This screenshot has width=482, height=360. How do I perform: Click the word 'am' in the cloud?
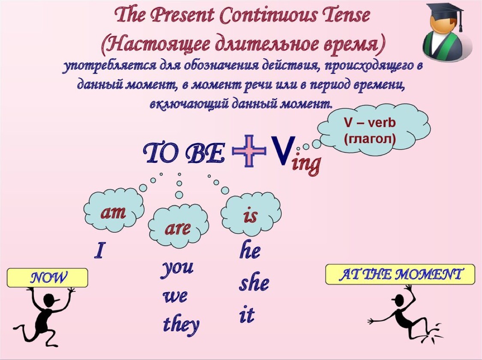pyautogui.click(x=113, y=212)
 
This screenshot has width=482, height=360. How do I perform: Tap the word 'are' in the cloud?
pyautogui.click(x=177, y=228)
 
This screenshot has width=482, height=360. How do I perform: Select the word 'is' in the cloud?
pyautogui.click(x=250, y=215)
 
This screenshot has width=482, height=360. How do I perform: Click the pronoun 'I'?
pyautogui.click(x=99, y=250)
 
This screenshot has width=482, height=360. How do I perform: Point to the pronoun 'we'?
pyautogui.click(x=175, y=297)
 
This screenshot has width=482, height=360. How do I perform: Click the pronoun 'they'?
pyautogui.click(x=181, y=324)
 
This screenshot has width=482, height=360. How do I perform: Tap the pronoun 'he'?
pyautogui.click(x=250, y=249)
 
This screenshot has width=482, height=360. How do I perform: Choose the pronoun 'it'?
pyautogui.click(x=247, y=315)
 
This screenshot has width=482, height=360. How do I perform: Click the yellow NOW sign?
pyautogui.click(x=47, y=278)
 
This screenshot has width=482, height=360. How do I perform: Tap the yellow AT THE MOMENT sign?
pyautogui.click(x=400, y=274)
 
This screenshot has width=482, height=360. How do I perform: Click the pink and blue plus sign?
pyautogui.click(x=249, y=151)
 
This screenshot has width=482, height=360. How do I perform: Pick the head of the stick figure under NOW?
pyautogui.click(x=51, y=300)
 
